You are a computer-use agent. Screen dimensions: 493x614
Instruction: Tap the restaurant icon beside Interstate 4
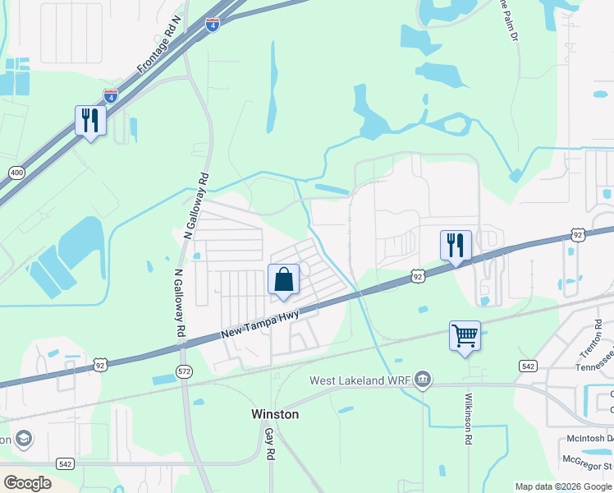[x=89, y=121]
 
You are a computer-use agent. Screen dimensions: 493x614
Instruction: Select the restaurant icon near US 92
[x=456, y=245]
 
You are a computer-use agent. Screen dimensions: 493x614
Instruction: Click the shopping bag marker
[x=283, y=279]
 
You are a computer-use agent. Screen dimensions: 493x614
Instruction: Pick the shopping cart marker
[x=465, y=335]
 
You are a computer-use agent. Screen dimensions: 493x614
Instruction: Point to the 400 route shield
[x=16, y=173]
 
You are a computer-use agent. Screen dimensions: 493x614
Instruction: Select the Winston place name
[x=274, y=414]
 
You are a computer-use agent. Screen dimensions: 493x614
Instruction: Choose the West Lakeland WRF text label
[x=359, y=380]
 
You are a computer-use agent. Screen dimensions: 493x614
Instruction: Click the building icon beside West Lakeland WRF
[x=423, y=379]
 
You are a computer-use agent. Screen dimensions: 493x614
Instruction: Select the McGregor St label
[x=588, y=466]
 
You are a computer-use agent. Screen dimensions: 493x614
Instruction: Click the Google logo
[x=27, y=482]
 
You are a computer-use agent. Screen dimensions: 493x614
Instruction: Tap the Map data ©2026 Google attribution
[x=563, y=486]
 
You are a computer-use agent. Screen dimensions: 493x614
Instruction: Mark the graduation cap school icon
[x=22, y=438]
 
